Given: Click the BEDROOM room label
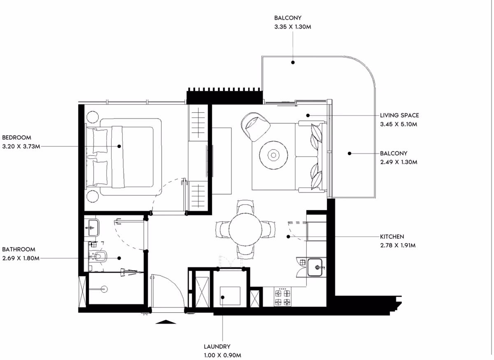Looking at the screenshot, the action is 16,137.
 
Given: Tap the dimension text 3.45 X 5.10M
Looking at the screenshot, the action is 398,124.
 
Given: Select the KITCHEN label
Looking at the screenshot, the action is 392,237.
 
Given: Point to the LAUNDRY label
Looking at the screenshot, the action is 217,346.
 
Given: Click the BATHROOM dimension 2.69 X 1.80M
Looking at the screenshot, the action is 21,258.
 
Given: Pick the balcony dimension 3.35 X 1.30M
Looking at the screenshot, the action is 293,27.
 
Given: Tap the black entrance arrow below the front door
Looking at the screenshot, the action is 165,322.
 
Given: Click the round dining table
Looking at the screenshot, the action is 245,230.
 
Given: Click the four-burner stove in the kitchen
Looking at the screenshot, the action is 282,297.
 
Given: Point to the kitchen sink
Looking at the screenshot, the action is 315,267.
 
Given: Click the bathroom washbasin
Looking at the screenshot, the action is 92,228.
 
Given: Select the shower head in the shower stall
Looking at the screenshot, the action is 105,289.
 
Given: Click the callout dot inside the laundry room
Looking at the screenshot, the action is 223,297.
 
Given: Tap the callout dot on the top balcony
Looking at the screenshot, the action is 293,63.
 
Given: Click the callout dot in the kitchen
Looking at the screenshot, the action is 288,237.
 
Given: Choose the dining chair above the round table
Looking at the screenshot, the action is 245,207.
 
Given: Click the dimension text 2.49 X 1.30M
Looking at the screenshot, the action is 399,162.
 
